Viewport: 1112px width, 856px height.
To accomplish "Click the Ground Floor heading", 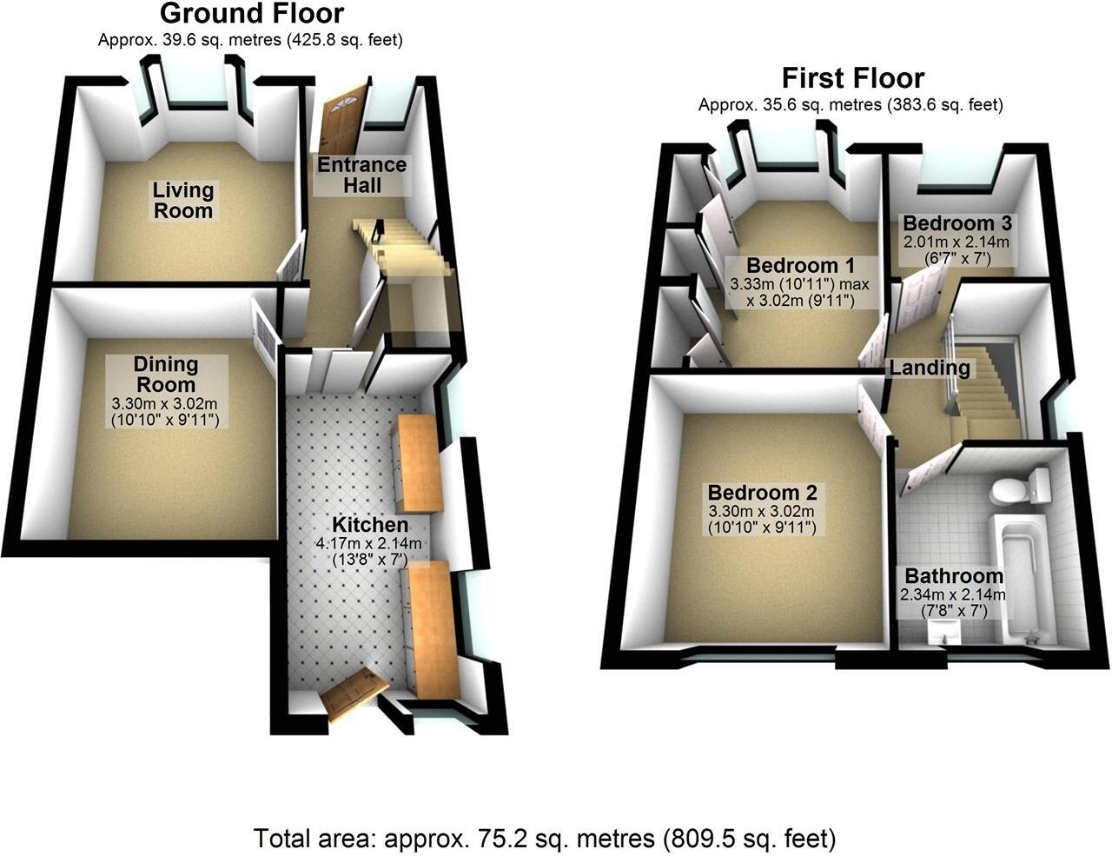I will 252,14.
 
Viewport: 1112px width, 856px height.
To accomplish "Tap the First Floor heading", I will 852,78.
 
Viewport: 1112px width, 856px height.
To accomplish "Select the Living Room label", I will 182,200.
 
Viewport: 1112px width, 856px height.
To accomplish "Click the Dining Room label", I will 165,375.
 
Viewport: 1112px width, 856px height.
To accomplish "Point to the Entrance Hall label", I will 361,175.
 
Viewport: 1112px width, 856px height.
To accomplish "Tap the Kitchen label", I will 369,525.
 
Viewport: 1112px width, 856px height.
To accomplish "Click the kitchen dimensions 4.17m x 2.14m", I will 369,544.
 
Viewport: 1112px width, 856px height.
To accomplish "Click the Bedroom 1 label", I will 800,265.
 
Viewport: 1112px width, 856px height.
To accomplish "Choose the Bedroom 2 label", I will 761,492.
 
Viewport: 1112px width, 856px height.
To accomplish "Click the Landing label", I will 929,368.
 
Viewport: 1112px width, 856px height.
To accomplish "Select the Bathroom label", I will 954,575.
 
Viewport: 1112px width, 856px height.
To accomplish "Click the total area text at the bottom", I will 545,839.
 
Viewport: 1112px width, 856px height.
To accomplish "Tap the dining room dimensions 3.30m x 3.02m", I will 165,403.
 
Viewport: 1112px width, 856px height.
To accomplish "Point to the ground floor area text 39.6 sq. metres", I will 250,40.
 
